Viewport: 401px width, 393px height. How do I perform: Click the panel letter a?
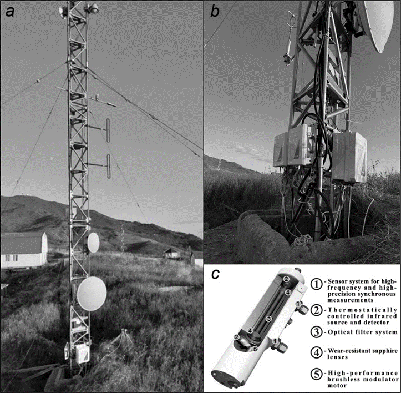10,12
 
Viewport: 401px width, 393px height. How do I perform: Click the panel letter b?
215,11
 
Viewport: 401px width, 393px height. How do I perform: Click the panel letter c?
216,274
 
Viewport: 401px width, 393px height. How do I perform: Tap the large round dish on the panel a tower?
92,294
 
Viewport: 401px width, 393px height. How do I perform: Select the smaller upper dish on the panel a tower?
93,243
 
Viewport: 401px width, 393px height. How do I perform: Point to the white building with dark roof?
24,250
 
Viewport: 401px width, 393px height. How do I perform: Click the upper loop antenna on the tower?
108,130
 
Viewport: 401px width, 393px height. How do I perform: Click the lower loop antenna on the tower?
109,166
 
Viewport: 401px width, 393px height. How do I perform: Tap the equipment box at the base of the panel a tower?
82,354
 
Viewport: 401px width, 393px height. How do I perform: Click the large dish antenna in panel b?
378,24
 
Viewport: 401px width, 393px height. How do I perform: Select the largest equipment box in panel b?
349,157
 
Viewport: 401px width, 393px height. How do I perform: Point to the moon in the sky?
52,159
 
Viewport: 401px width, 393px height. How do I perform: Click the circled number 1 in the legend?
317,284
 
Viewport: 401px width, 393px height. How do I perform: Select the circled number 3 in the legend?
317,332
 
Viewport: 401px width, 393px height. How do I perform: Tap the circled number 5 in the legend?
317,374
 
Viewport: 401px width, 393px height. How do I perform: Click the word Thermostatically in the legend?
362,310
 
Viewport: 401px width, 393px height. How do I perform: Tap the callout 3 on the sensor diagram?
268,319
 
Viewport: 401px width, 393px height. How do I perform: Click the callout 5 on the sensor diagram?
255,349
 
